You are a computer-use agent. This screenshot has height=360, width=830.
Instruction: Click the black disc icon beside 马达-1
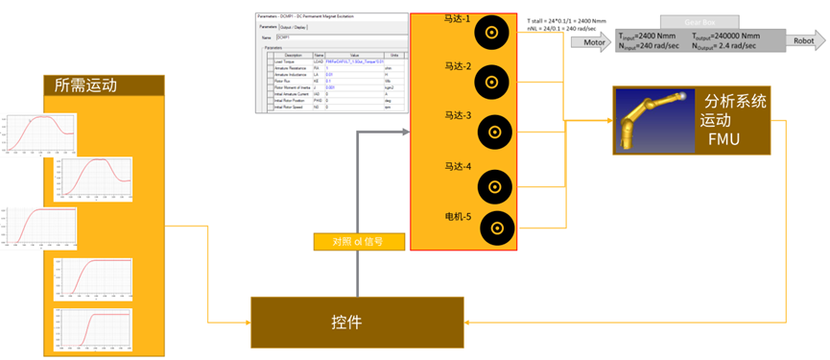tap(491, 33)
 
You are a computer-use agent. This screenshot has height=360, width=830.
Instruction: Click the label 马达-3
tap(458, 116)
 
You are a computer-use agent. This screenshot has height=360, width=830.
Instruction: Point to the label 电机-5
tap(458, 215)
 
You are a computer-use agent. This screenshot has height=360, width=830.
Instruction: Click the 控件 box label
tap(346, 323)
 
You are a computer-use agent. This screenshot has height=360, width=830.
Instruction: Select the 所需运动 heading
tap(87, 85)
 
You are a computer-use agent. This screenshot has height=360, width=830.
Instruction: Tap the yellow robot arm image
tap(648, 120)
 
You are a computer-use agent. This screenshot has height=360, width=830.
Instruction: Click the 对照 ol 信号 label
tap(349, 242)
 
